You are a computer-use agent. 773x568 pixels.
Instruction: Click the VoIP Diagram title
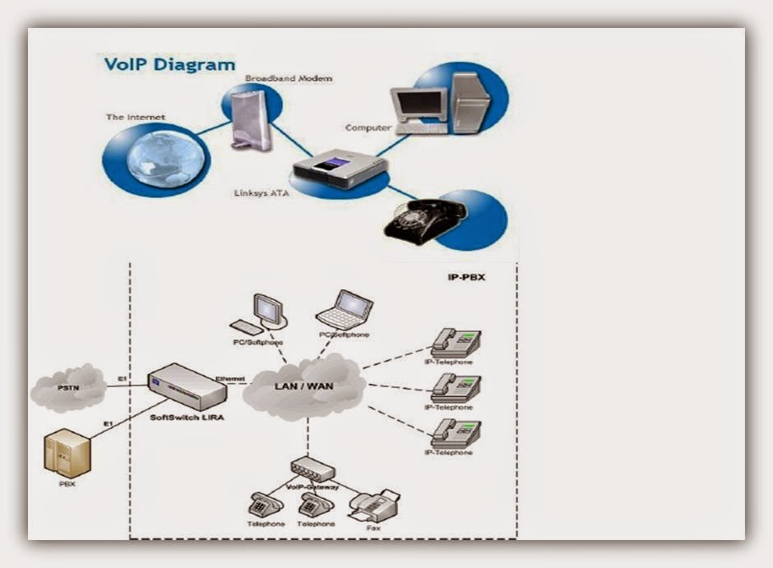tap(169, 63)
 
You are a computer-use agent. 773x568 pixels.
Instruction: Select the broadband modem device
tap(248, 118)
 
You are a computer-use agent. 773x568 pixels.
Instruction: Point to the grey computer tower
tap(470, 102)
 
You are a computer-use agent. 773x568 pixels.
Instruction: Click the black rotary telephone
tap(424, 219)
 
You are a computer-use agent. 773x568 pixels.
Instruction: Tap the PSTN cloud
tap(68, 387)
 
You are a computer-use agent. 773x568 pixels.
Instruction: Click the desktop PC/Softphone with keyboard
tap(262, 313)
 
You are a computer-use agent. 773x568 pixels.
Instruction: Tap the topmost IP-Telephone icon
tap(456, 342)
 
